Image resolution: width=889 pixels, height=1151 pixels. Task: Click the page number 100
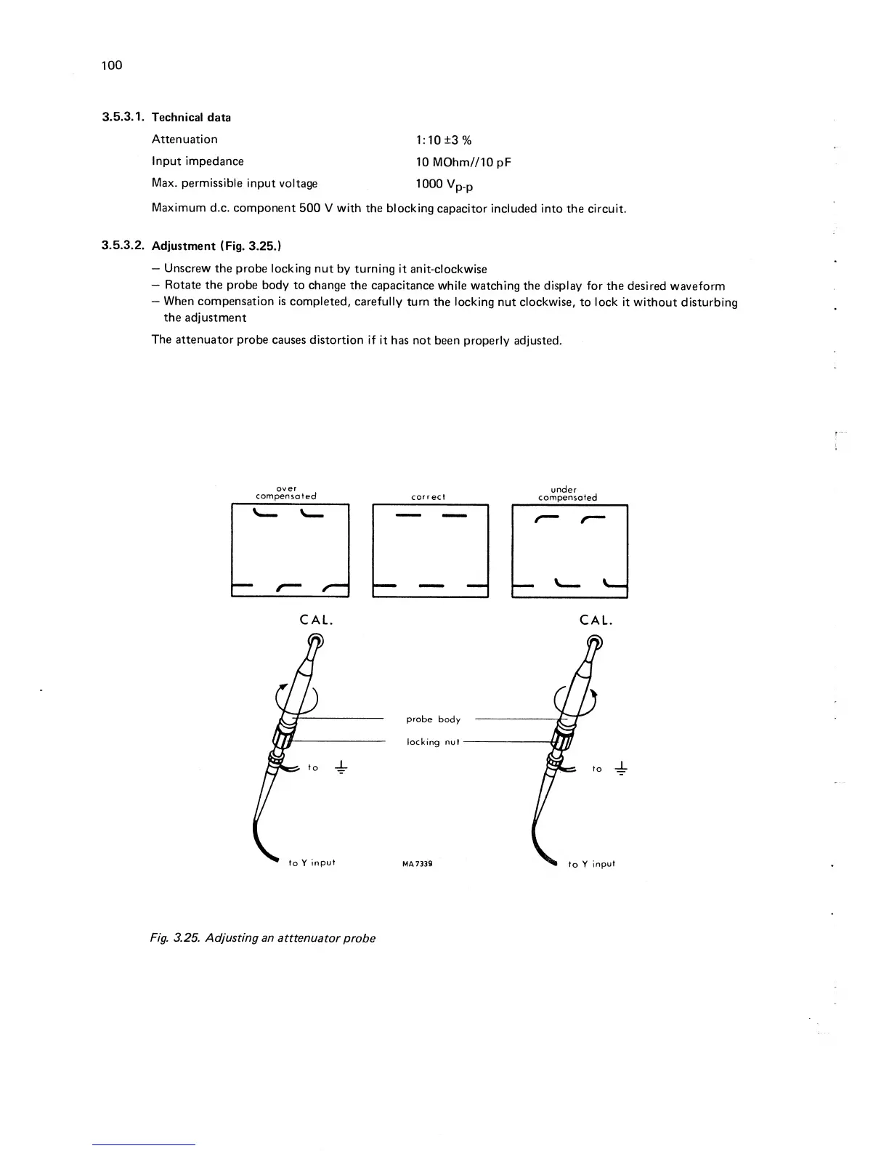tap(112, 65)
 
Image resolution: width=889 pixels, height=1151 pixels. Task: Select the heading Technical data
tap(191, 117)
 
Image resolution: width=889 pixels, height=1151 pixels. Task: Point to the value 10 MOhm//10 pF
tap(463, 162)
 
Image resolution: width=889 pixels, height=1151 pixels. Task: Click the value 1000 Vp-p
tap(444, 185)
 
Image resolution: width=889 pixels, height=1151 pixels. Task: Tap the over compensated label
tap(286, 493)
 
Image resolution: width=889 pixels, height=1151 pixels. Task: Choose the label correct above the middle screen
tap(428, 498)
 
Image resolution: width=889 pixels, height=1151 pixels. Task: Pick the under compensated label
tap(567, 493)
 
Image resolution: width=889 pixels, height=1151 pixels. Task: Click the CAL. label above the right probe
tap(596, 621)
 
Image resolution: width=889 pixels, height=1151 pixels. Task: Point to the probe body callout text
tap(433, 719)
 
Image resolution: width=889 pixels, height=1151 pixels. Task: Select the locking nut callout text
tap(433, 742)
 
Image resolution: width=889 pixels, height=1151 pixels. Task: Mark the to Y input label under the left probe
tap(312, 863)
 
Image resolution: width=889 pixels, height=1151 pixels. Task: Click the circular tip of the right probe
tap(595, 642)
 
